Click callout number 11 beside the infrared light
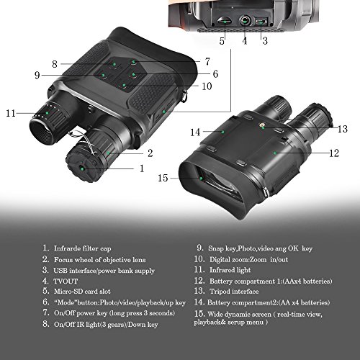click(x=10, y=113)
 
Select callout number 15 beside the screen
click(x=163, y=178)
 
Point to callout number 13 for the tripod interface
click(x=343, y=129)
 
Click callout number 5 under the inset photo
click(x=222, y=42)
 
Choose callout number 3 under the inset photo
click(x=264, y=42)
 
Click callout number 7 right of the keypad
click(x=207, y=62)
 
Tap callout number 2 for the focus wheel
click(x=150, y=152)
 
